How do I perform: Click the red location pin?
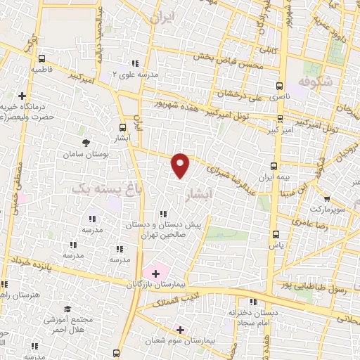181,165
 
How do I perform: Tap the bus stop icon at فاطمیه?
44,60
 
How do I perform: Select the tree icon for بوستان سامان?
86,143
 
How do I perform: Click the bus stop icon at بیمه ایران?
273,166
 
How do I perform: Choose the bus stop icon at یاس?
276,236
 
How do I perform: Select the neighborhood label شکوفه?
314,82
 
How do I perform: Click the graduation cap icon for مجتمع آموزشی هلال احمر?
67,309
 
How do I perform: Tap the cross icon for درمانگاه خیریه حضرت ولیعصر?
22,96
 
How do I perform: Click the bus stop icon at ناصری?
281,82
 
